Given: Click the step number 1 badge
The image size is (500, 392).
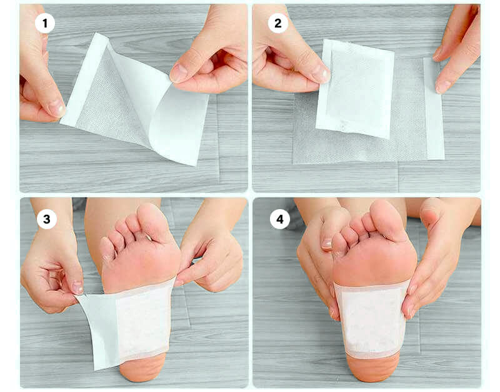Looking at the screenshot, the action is pos(45,23).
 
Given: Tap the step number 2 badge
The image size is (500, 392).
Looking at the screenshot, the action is pos(277,23).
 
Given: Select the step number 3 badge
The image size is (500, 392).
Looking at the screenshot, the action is pos(46,219).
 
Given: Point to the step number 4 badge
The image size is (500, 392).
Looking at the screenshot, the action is pos(279,219).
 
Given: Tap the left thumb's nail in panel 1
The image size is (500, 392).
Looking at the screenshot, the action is pos(57,107).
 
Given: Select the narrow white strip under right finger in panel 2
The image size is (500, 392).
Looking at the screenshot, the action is pos(434,108).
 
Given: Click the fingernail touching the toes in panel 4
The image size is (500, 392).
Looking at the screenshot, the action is pos(326,243).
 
